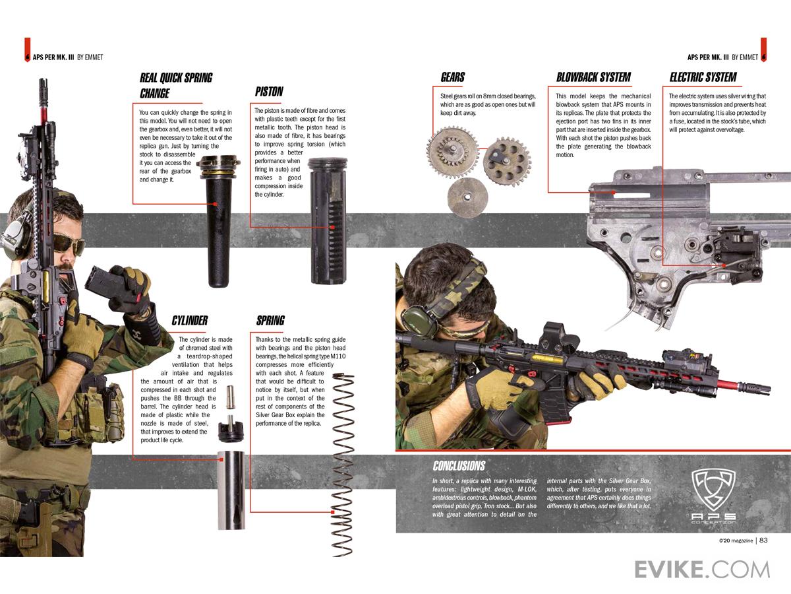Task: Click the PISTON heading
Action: (x=269, y=92)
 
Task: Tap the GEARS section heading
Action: (x=453, y=77)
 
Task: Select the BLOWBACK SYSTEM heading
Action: (x=593, y=77)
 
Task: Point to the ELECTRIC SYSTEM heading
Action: (x=703, y=77)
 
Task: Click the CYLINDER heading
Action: (x=190, y=321)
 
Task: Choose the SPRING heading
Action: (x=270, y=321)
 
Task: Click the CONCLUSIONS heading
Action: (x=459, y=466)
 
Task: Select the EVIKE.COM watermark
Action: (x=702, y=569)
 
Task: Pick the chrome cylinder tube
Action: (x=231, y=489)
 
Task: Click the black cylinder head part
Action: (x=231, y=430)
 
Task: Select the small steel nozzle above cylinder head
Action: (x=231, y=396)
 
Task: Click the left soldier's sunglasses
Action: (x=68, y=244)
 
